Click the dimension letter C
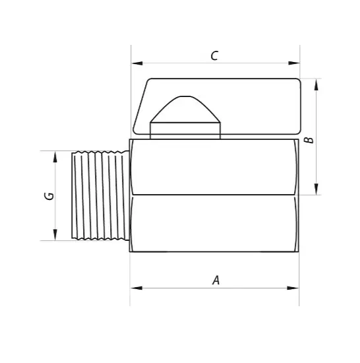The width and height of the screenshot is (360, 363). pyautogui.click(x=214, y=56)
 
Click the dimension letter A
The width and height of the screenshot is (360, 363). pyautogui.click(x=216, y=280)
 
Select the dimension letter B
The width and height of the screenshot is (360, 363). pyautogui.click(x=309, y=140)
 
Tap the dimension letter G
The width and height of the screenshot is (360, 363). pyautogui.click(x=49, y=196)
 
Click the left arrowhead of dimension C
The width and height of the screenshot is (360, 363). pyautogui.click(x=137, y=63)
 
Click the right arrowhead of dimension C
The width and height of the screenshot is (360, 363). pyautogui.click(x=294, y=63)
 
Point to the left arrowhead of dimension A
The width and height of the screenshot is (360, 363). pyautogui.click(x=136, y=288)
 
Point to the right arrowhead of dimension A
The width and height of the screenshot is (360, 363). pyautogui.click(x=293, y=288)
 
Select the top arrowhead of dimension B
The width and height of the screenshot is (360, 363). pyautogui.click(x=316, y=84)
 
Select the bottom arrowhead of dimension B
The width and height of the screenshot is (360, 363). pyautogui.click(x=316, y=189)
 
